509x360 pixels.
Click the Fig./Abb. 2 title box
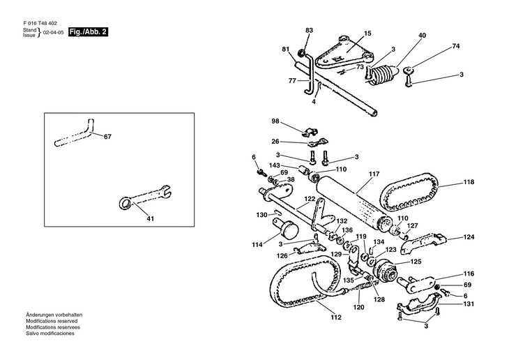88,32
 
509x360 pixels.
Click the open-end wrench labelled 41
144,197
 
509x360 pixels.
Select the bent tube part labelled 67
75,134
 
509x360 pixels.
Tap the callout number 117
374,174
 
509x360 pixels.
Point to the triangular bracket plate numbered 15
344,52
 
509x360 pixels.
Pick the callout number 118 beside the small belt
469,182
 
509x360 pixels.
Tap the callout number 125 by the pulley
416,262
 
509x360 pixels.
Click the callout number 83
309,30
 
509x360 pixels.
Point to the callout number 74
456,46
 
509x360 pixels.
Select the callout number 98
275,121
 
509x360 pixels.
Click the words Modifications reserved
52,321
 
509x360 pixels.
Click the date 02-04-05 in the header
54,33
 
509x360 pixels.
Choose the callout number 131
469,303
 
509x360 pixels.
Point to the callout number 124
469,237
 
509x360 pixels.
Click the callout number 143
274,165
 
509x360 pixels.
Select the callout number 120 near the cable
358,307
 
